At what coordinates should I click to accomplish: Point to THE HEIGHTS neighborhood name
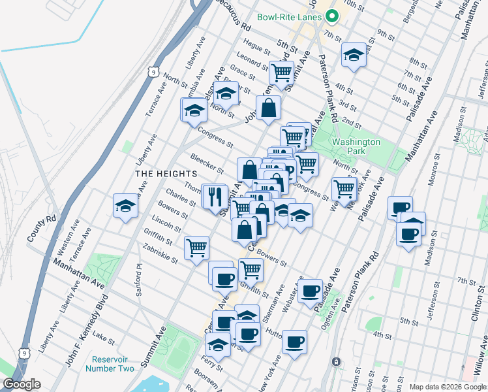166,174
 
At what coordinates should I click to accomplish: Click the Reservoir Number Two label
110,364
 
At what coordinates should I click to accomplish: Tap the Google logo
22,384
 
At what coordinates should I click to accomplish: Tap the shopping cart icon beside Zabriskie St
196,248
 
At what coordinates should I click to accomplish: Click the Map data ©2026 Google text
447,387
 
